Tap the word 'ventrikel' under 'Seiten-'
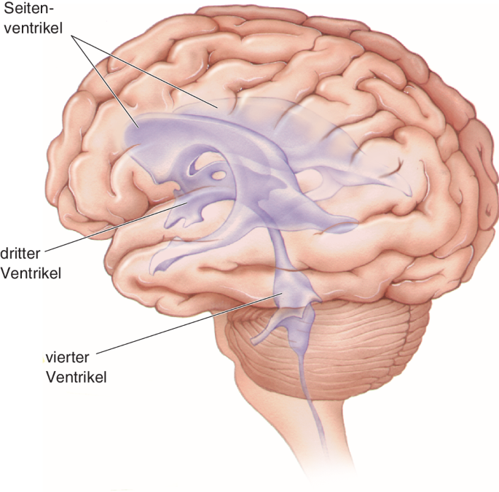[x=33, y=28]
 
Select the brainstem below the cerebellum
[x=291, y=437]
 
